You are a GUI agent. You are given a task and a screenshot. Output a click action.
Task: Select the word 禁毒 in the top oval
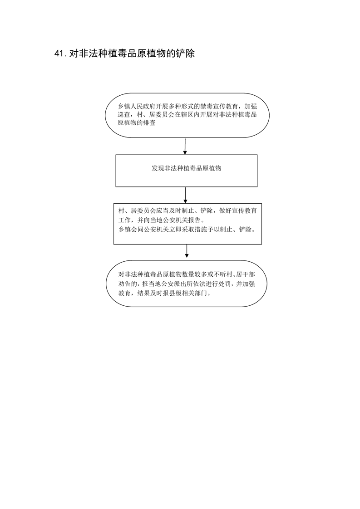[206, 107]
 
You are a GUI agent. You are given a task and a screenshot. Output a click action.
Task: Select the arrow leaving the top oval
[185, 147]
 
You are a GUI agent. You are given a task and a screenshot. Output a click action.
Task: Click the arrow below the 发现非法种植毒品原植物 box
[185, 195]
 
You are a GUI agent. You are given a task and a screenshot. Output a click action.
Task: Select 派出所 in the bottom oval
[178, 284]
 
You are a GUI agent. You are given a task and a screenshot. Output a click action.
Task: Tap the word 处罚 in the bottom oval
[226, 284]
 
